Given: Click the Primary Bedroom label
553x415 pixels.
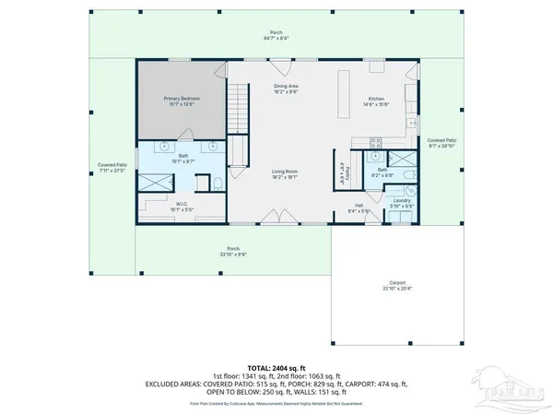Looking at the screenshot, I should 182,100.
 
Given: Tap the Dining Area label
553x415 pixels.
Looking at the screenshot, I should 286,89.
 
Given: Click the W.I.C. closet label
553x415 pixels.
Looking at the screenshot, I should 182,206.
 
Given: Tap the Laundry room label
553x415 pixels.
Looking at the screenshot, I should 401,202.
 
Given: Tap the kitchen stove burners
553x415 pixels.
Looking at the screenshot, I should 374,141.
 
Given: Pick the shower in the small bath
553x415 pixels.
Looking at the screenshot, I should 401,159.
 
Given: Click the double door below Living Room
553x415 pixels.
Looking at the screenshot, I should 274,219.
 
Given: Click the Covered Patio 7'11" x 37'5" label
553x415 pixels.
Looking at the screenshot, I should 112,168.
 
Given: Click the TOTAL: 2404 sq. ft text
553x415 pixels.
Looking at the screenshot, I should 275,367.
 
